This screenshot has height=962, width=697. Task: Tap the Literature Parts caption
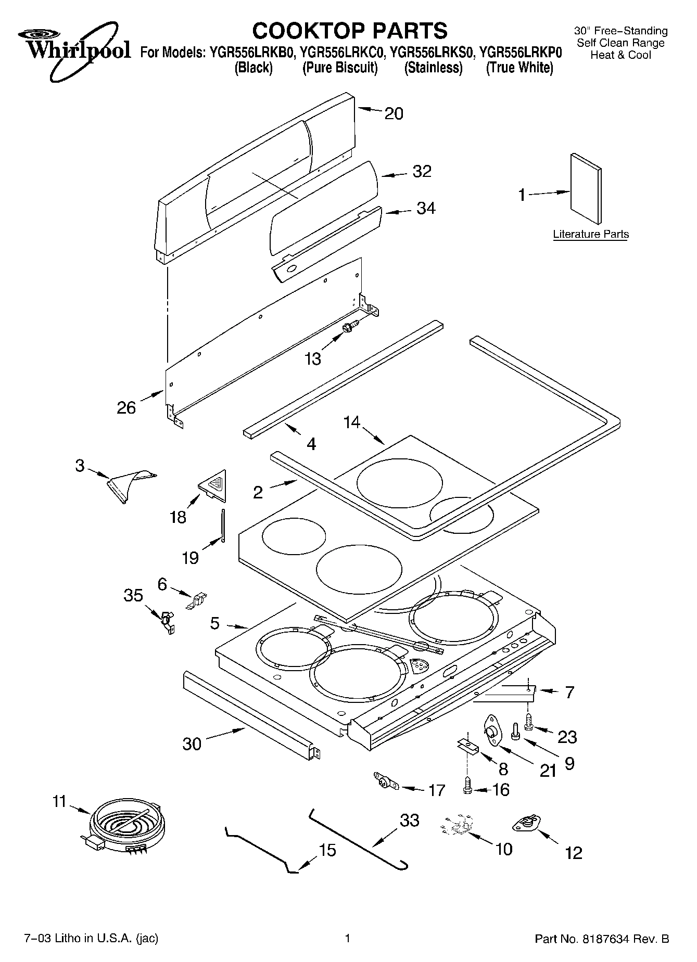point(590,234)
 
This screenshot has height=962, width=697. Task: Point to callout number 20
point(394,113)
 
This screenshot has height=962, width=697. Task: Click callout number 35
point(133,595)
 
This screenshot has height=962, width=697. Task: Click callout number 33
point(409,820)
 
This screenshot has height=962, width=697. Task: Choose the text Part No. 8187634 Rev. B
point(602,939)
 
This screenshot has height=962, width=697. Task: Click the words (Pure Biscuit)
point(340,68)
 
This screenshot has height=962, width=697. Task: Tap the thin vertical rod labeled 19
point(223,525)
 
